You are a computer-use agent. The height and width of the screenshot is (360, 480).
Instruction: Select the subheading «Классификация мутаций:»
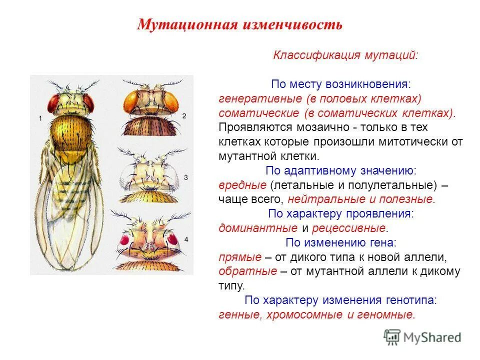pyautogui.click(x=345, y=55)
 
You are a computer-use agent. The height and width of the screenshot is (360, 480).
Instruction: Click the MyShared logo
pyautogui.click(x=422, y=336)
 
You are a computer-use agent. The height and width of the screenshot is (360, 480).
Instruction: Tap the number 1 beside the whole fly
pyautogui.click(x=39, y=118)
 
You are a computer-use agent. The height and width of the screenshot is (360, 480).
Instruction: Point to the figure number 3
pyautogui.click(x=185, y=177)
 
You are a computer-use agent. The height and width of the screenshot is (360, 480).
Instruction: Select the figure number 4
pyautogui.click(x=186, y=240)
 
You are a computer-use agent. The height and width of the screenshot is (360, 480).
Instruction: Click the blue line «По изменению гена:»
pyautogui.click(x=341, y=243)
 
